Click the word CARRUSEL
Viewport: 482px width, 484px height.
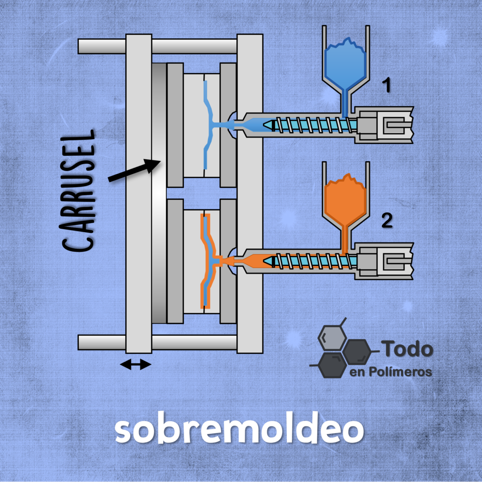coord(77,191)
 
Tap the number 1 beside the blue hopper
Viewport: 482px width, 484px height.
coord(387,85)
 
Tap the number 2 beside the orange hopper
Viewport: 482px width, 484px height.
coord(387,220)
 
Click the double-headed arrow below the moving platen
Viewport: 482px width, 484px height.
coord(136,364)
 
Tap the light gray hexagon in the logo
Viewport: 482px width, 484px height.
coord(332,338)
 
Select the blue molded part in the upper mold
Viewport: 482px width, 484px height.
coord(213,125)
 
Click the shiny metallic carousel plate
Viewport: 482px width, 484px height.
coord(159,193)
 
